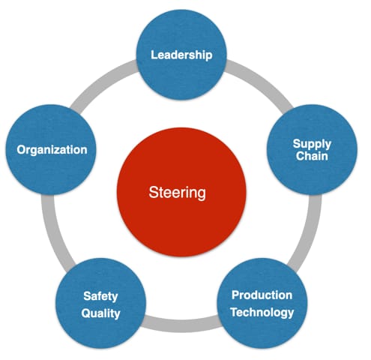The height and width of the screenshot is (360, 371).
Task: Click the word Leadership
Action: click(x=181, y=55)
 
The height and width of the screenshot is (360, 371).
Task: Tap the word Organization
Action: click(x=52, y=150)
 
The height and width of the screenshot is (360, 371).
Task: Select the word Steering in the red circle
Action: click(x=178, y=193)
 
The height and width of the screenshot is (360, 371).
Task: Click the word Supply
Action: click(x=312, y=145)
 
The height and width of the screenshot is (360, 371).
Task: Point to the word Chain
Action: click(x=312, y=156)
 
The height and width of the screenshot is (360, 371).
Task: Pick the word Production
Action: click(x=262, y=295)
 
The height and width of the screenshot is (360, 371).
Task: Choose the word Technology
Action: click(x=262, y=313)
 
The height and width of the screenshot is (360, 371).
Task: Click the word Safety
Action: click(x=100, y=297)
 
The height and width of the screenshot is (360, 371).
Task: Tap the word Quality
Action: click(x=100, y=313)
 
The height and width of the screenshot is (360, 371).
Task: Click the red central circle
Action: click(x=181, y=192)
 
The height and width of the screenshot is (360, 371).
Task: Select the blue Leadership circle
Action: click(x=181, y=55)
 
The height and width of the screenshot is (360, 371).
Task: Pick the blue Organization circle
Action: click(x=51, y=149)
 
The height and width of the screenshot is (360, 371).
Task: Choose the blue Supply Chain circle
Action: click(x=312, y=149)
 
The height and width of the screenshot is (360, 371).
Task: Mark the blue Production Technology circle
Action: click(x=262, y=303)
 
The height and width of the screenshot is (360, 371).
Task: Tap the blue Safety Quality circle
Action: click(x=100, y=303)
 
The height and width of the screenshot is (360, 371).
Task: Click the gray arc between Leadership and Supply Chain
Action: click(x=261, y=80)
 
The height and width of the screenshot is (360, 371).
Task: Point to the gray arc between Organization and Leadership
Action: click(x=102, y=81)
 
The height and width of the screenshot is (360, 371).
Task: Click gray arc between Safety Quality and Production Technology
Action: click(x=181, y=325)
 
